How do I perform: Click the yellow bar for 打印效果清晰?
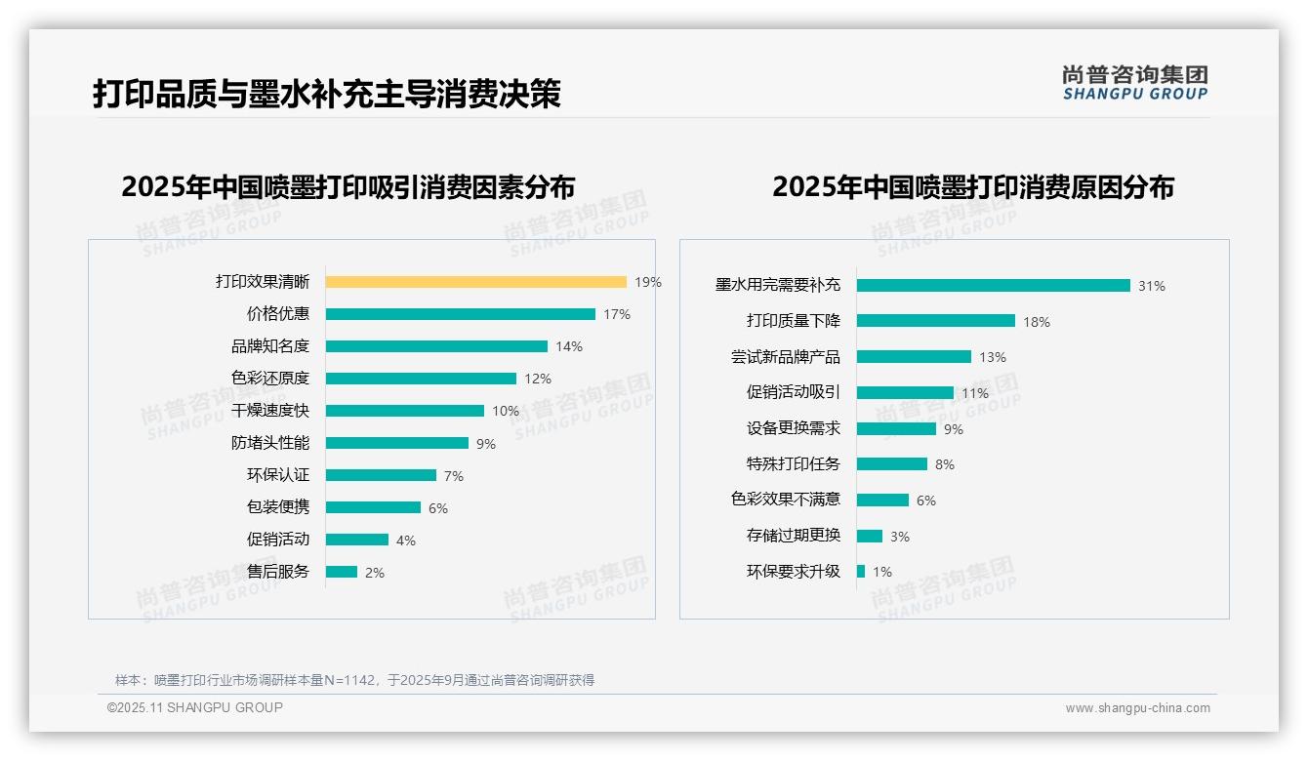[475, 282]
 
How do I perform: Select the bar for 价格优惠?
[460, 314]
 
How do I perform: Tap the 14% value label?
[569, 346]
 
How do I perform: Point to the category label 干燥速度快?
[270, 411]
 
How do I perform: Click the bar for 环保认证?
[381, 475]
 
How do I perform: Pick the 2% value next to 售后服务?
[375, 573]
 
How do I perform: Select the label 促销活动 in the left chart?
[278, 540]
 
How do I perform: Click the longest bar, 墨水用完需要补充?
[993, 286]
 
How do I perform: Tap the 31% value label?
[1152, 286]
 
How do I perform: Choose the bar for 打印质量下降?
[935, 321]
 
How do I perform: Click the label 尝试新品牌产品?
[786, 357]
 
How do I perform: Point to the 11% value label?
[975, 393]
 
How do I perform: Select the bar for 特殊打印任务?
[891, 464]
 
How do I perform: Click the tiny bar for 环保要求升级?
[861, 572]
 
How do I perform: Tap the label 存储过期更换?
[794, 536]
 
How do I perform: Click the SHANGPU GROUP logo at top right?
[1135, 83]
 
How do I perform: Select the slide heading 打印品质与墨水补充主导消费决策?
[327, 94]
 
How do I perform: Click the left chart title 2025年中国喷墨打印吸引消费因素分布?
[348, 186]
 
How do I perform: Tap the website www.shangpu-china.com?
[1137, 708]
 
